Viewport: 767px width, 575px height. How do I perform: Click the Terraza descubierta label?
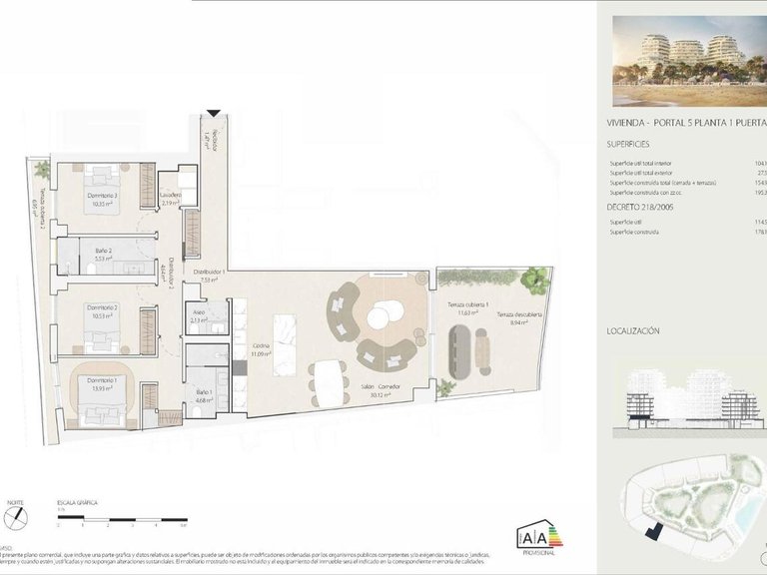point(514,318)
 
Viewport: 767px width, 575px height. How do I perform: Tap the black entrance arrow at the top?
point(213,114)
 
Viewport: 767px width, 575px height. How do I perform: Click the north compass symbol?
point(16,518)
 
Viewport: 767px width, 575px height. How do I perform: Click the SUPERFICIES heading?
point(634,144)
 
